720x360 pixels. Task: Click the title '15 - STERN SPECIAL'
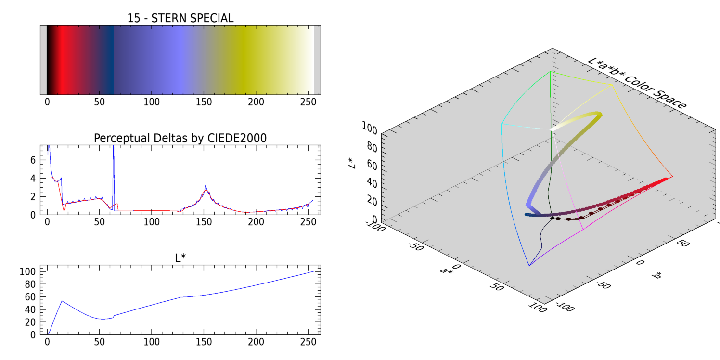(x=180, y=18)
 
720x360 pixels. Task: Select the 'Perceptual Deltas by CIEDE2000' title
(x=180, y=138)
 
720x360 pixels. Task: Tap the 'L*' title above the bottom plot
(x=180, y=258)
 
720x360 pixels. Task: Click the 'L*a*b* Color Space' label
(x=636, y=85)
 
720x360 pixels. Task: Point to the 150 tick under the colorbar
(x=204, y=102)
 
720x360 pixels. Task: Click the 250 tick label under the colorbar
(x=308, y=102)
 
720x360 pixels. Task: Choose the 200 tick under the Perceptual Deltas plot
(x=256, y=222)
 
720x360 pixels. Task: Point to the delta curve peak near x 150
(x=206, y=186)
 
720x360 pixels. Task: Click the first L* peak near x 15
(x=62, y=301)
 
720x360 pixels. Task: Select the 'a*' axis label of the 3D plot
(x=446, y=270)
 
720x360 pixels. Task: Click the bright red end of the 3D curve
(x=666, y=180)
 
